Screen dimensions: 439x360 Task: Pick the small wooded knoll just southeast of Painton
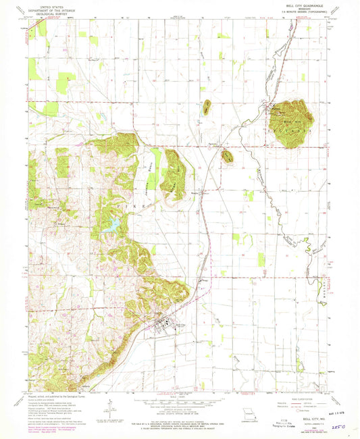point(227,156)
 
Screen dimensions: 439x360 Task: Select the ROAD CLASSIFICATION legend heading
point(304,396)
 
